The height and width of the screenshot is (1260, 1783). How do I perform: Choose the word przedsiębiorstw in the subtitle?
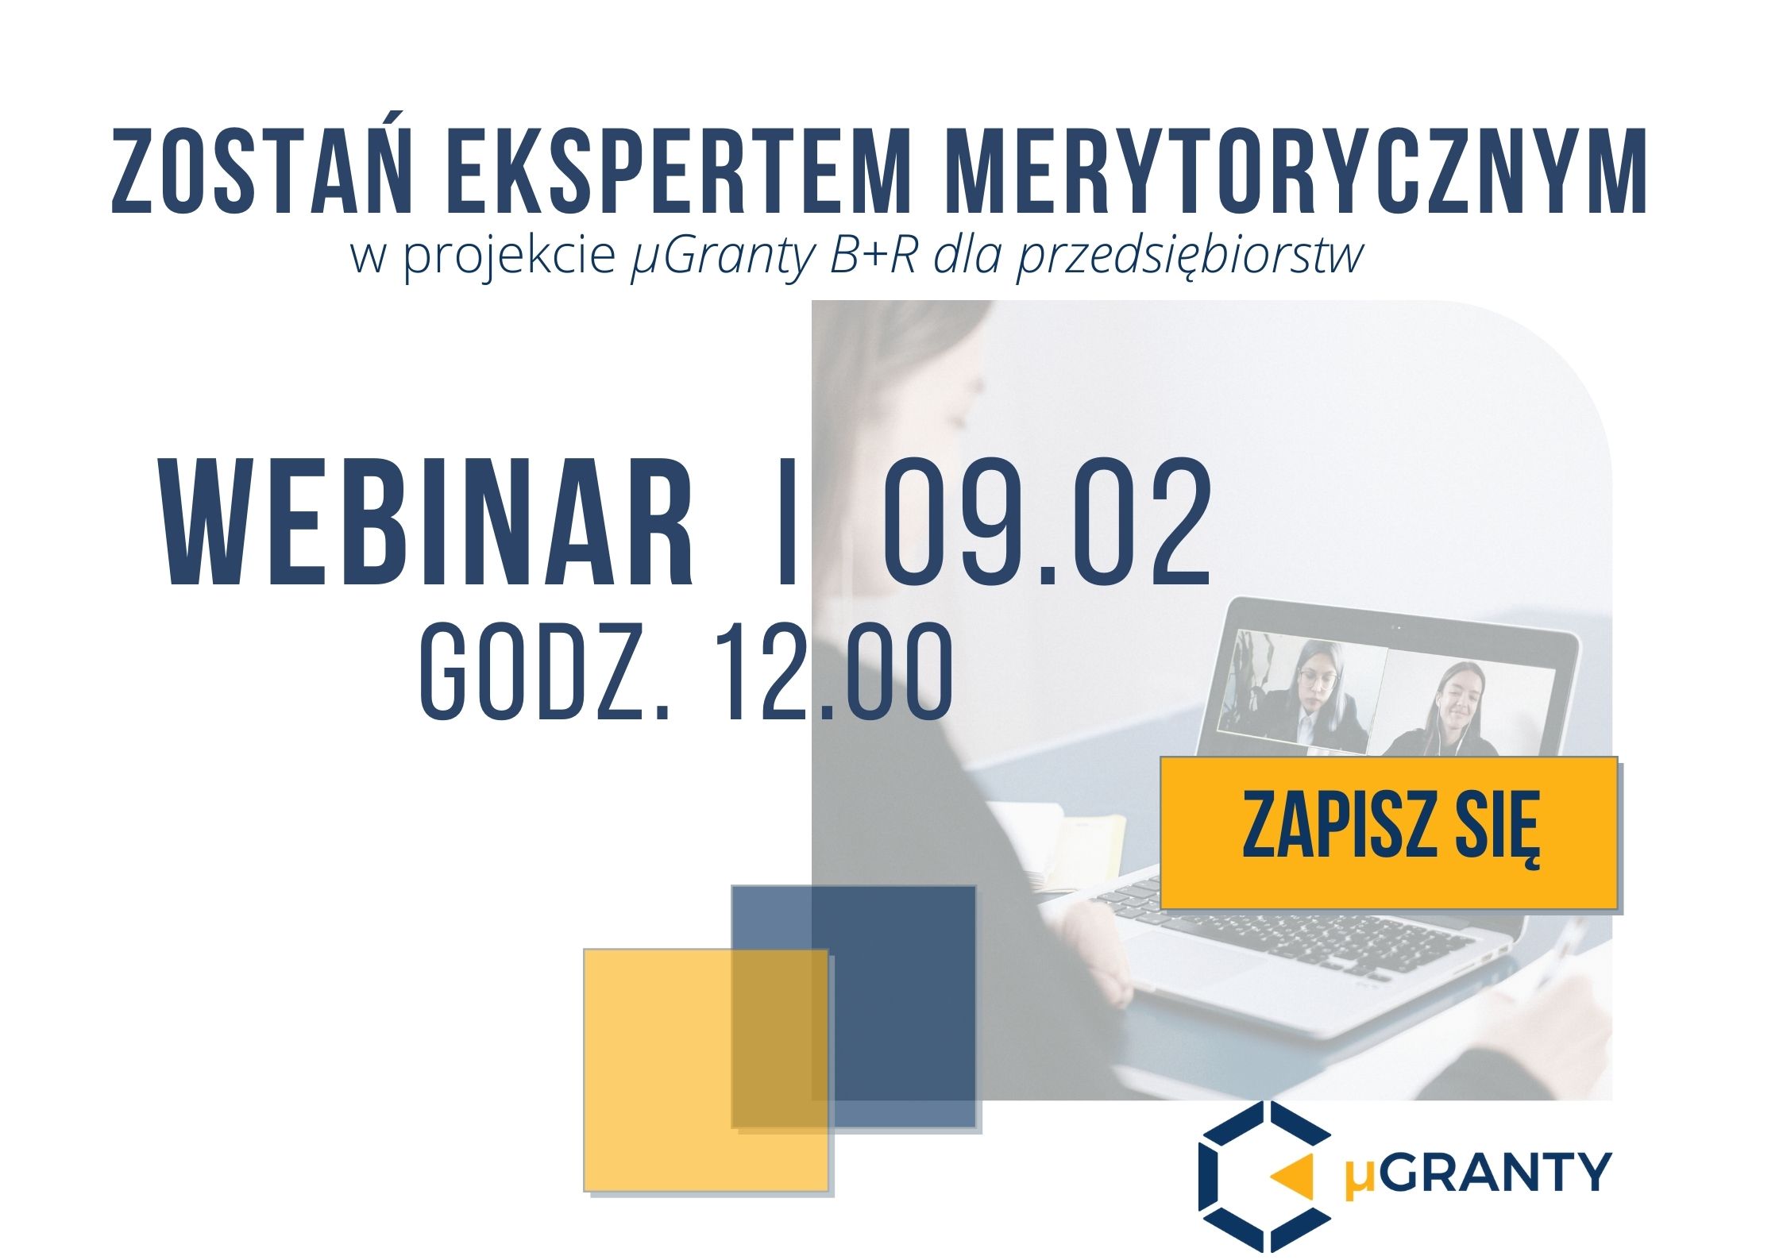point(1190,258)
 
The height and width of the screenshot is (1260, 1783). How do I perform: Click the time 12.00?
point(830,672)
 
